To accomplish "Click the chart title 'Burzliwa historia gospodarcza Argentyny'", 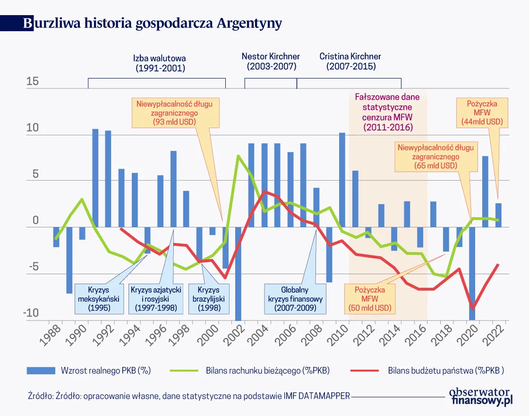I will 153,23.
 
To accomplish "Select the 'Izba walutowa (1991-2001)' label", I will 160,63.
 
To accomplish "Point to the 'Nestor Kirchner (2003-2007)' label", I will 271,61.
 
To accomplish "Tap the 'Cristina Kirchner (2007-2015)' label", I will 350,61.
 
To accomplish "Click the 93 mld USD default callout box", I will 174,112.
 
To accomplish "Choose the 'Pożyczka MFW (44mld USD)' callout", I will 481,113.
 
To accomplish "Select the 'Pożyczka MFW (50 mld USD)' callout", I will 370,299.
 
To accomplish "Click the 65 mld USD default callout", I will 435,156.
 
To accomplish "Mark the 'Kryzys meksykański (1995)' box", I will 99,299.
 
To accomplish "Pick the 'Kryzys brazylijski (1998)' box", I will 208,299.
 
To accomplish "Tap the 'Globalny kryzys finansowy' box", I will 295,299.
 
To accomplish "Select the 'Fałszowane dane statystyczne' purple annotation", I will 387,112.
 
